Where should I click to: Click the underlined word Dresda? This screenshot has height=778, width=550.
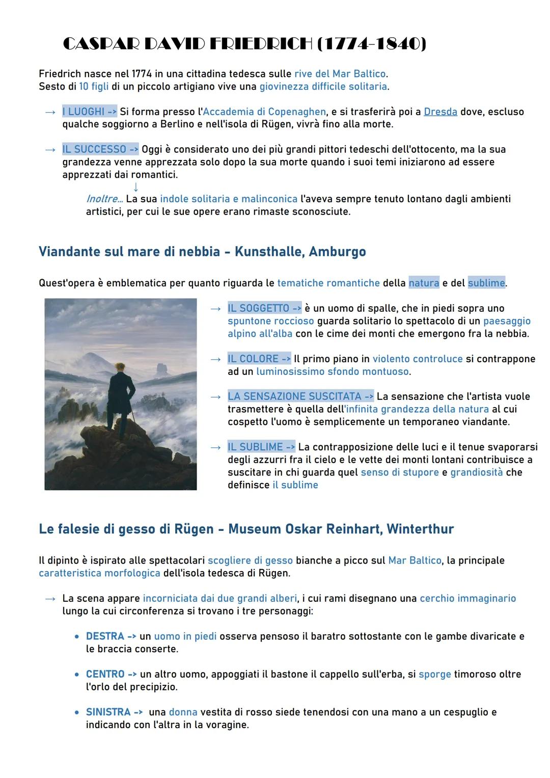440,112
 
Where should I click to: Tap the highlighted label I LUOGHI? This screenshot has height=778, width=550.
89,112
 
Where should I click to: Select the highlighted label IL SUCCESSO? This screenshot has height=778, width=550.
100,149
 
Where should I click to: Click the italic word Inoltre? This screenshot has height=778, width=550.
104,199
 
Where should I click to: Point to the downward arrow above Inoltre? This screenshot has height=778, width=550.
135,187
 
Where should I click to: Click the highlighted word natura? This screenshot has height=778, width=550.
423,283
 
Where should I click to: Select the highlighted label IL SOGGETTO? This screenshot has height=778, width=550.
264,308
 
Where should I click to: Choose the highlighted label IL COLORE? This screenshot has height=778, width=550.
259,359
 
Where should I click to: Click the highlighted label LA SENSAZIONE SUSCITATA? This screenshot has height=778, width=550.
300,396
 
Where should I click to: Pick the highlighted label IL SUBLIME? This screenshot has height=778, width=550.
261,447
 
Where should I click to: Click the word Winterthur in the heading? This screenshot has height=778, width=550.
420,529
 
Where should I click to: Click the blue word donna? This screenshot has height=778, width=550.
183,712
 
